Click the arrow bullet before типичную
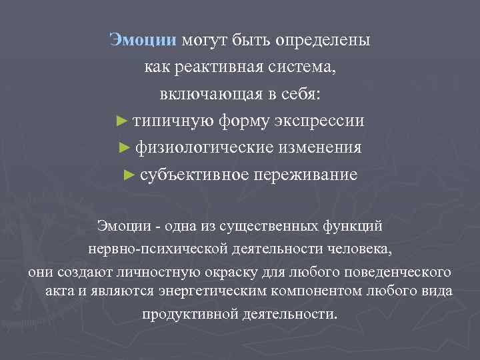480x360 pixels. [121, 121]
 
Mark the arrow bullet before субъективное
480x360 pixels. [129, 175]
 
